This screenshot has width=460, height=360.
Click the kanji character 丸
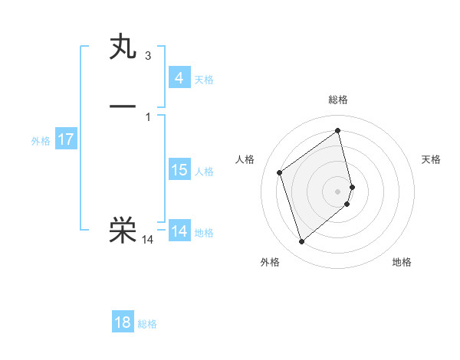coord(123,47)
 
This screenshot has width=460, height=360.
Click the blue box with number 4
coord(179,78)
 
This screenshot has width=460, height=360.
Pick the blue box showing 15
coord(179,170)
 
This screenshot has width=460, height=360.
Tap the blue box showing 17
coord(66,139)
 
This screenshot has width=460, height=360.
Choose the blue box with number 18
coord(123,322)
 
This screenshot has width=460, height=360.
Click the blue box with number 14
coord(179,231)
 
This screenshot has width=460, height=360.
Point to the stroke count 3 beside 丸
coord(147,56)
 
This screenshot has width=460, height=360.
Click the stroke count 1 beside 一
coord(147,116)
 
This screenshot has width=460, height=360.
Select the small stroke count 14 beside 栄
coord(148,240)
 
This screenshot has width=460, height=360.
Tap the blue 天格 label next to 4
coord(204,80)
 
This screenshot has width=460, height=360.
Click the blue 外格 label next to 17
coord(41,141)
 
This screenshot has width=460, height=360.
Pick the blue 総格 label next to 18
coord(147,324)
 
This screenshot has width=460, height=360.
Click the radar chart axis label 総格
coord(338,100)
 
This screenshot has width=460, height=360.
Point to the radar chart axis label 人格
coord(245,159)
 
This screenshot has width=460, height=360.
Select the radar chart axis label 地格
coord(402,262)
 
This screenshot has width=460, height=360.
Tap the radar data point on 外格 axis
coord(301,242)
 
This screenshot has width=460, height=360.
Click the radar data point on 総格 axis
coord(338,131)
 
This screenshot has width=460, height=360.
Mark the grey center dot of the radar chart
coord(338,190)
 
